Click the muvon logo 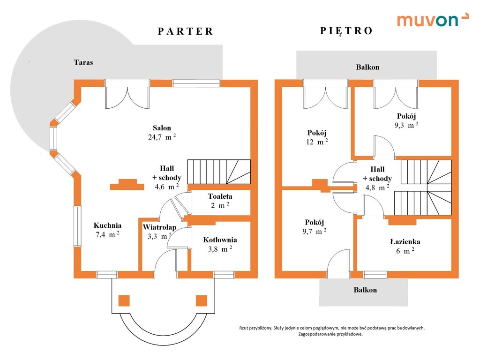433,20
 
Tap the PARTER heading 186,31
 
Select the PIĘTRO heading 346,30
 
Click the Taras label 83,62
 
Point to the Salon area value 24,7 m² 162,137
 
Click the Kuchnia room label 107,225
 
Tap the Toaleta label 220,196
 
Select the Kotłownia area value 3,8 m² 220,249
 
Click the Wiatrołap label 159,227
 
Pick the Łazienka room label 405,241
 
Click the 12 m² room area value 317,142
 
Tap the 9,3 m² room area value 406,125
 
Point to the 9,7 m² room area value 315,231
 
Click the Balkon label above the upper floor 367,67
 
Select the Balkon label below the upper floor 365,290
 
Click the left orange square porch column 124,300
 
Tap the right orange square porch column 202,300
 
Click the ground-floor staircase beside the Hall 219,172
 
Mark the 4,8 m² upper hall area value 377,187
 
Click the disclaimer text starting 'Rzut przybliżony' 332,331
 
